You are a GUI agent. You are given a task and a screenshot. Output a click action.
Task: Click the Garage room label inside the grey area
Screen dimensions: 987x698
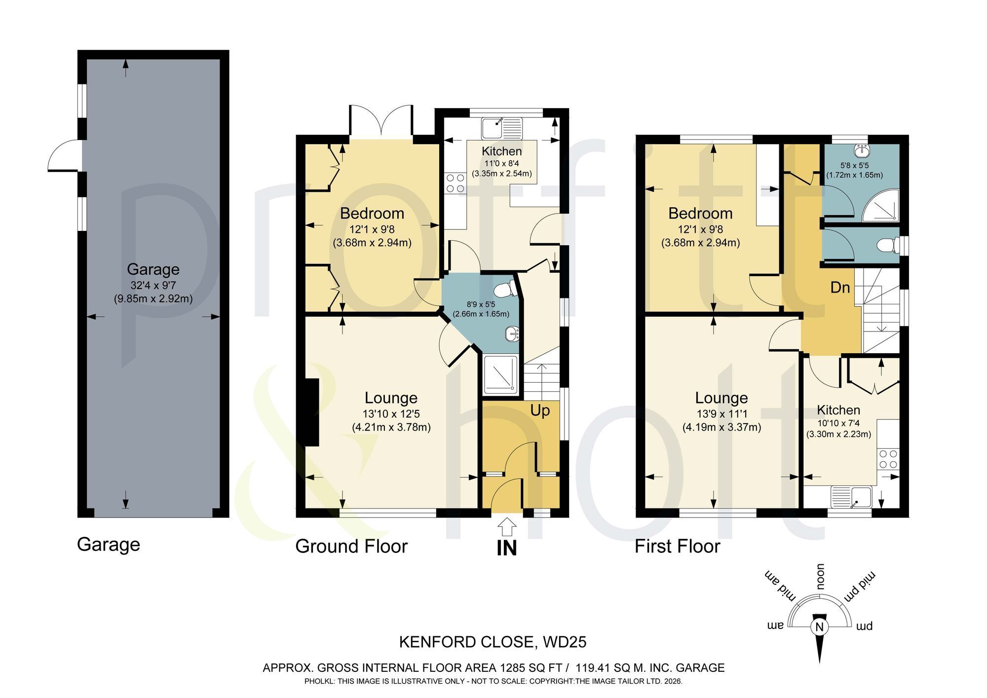coord(153,270)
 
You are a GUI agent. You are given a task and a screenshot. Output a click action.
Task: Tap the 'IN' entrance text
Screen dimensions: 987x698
coord(507,548)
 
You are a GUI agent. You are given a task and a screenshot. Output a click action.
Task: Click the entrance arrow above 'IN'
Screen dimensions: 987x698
coord(507,527)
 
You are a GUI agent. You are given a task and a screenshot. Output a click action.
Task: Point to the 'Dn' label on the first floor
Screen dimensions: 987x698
coord(840,287)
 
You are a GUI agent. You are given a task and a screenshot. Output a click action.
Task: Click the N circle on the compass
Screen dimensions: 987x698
coord(820,627)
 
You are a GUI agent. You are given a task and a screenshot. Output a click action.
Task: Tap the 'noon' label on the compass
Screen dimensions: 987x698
coord(820,577)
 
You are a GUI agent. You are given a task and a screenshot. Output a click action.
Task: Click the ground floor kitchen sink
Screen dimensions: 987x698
coord(501,128)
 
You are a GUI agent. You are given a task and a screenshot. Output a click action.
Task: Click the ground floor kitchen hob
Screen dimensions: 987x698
coord(455,184)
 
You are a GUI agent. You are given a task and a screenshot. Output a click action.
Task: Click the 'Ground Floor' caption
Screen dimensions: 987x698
coord(351,547)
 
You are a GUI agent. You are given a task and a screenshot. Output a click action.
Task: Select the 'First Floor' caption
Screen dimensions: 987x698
coord(677,547)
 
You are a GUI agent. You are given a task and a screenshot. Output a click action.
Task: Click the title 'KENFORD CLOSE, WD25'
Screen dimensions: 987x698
coord(493,642)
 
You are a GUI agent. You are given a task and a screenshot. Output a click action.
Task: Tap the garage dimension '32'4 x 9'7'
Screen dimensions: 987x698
coord(153,286)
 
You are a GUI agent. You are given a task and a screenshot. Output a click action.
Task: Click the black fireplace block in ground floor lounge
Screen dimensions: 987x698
coord(312,412)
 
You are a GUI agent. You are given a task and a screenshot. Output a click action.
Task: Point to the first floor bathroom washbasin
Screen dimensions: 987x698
coord(861,149)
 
